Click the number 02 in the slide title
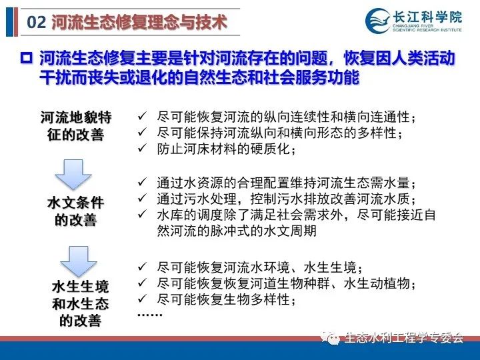37,22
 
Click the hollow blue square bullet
26,58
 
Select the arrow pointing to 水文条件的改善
73,174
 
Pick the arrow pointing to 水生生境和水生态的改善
79,261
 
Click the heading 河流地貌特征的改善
75,126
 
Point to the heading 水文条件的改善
75,211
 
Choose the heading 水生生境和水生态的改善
80,304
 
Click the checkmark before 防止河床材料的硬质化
143,149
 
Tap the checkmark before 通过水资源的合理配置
143,182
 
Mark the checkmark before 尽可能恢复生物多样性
143,298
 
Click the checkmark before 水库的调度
143,214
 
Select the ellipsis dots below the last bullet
150,315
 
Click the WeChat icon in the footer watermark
330,338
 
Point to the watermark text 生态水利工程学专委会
404,337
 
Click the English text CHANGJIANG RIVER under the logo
413,26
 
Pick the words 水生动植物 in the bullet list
377,283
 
